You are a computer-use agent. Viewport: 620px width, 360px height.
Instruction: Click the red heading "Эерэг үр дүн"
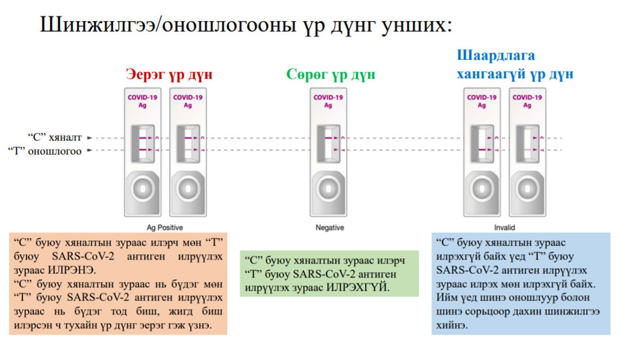169,74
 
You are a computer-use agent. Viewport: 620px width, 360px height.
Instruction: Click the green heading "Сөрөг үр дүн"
330,74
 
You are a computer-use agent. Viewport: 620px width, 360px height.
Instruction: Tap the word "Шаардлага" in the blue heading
496,55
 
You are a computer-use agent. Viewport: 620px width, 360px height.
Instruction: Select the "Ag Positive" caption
165,227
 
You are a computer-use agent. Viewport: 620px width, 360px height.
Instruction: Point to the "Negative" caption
329,227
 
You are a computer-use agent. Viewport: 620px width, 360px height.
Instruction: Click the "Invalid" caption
504,227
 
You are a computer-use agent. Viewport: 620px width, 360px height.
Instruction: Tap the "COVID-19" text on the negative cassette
328,97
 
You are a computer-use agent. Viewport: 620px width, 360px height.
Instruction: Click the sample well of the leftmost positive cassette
142,189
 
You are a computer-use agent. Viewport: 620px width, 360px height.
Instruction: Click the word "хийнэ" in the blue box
450,325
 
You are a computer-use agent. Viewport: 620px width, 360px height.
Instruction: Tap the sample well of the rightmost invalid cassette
527,189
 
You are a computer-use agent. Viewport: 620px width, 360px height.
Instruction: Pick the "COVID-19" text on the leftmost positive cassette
142,97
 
